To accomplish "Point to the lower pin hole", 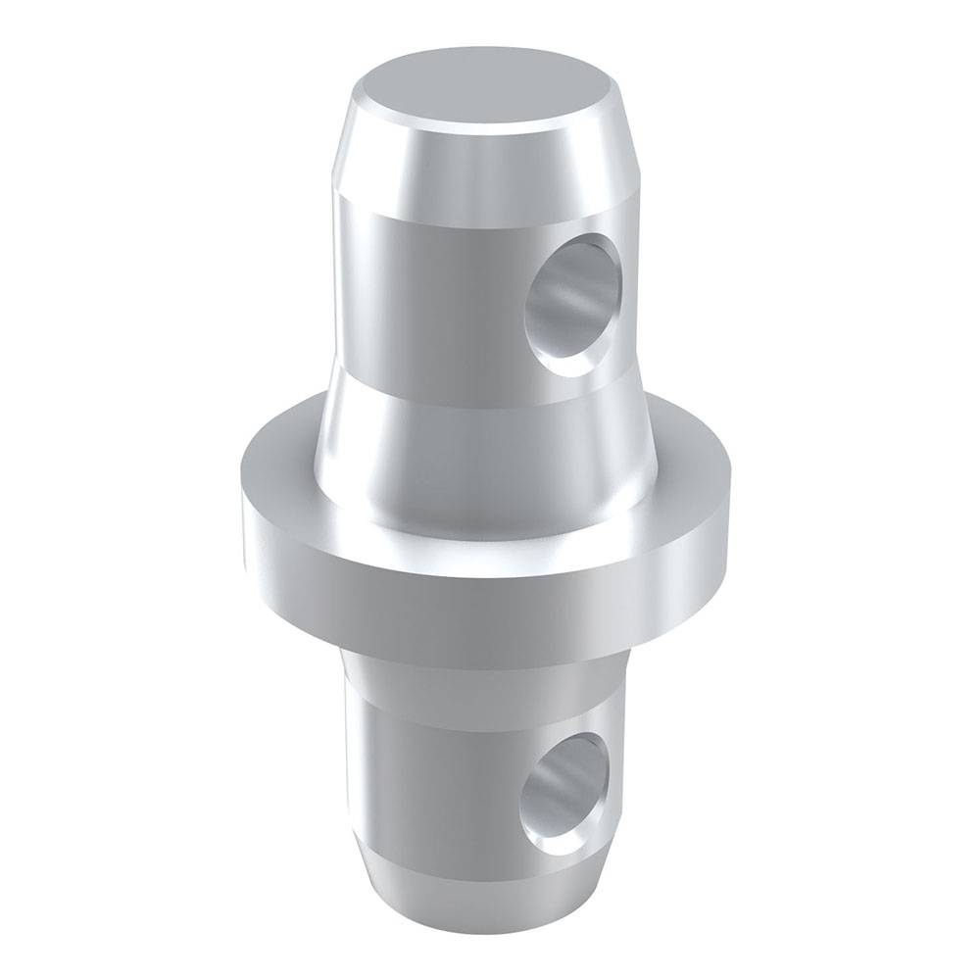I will (563, 789).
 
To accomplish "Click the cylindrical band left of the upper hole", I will (421, 294).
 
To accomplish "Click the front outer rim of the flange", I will (470, 588).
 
